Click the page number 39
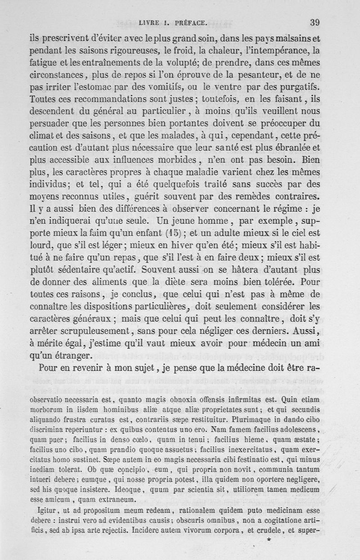(x=315, y=22)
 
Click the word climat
(x=44, y=135)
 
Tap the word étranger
(x=72, y=356)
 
